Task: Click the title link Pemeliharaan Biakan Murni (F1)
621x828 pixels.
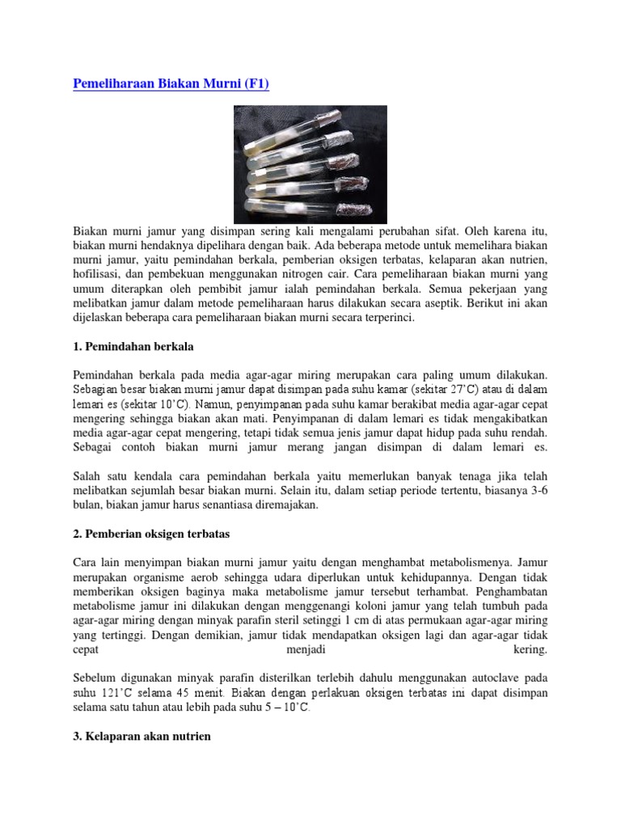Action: click(x=171, y=83)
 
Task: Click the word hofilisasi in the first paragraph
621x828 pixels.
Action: click(x=98, y=274)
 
